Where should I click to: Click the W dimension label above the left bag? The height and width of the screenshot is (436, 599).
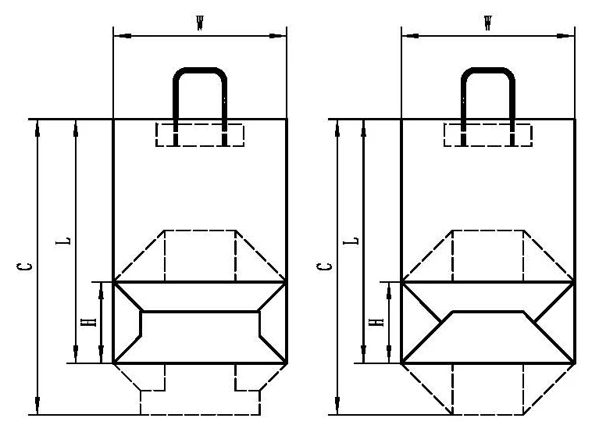[x=199, y=23]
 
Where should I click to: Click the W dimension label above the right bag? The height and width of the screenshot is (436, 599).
[x=488, y=23]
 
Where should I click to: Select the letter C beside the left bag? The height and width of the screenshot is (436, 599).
[x=24, y=266]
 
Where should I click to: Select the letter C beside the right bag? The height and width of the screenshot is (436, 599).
[x=324, y=266]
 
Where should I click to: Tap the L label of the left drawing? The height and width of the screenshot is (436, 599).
[x=63, y=241]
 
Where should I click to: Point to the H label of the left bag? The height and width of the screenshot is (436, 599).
[x=88, y=322]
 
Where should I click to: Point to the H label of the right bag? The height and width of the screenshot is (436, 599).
[x=377, y=322]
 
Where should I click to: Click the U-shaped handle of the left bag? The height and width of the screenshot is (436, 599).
[x=200, y=70]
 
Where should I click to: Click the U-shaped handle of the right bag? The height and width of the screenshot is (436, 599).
[x=488, y=70]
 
